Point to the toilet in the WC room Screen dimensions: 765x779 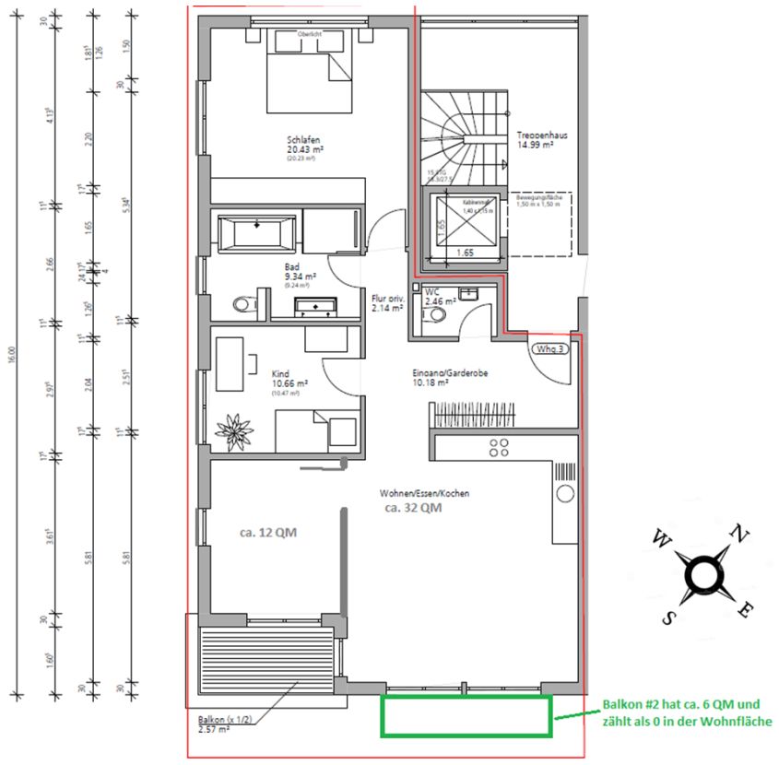(436, 314)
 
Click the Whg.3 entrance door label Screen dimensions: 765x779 (549, 349)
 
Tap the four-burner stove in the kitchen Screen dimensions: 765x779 (499, 448)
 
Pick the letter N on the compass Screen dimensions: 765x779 (738, 532)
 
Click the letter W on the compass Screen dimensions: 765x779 (661, 537)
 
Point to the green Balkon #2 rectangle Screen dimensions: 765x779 (466, 716)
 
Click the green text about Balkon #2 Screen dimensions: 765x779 (687, 712)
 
